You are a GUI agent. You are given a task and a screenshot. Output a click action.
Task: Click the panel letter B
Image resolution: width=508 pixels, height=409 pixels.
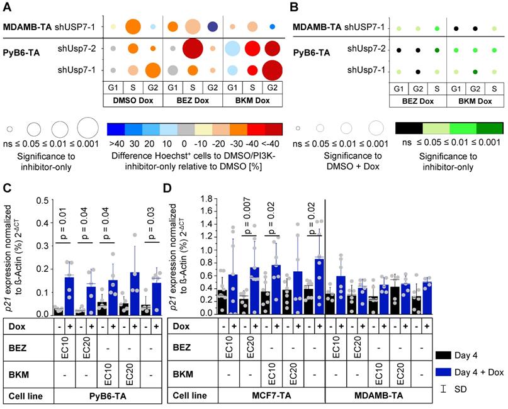[x=291, y=8]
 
